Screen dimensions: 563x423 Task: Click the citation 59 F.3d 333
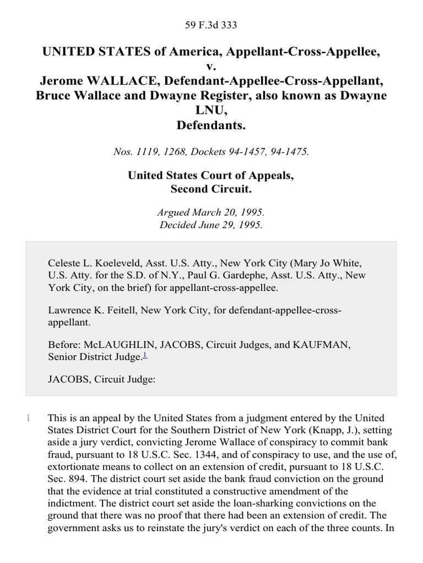point(211,25)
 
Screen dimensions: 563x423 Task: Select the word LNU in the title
point(211,110)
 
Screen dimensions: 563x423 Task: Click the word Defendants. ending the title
point(211,125)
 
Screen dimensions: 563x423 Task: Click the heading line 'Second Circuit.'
point(211,189)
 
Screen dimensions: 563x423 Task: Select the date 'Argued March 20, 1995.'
point(211,212)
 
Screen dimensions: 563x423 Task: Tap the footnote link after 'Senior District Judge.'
point(145,356)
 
